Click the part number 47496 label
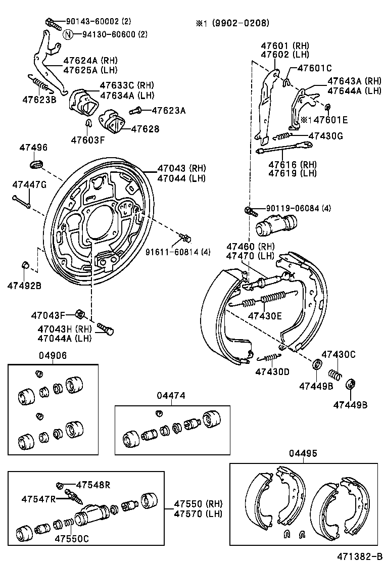pyautogui.click(x=33, y=148)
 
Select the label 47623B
pyautogui.click(x=39, y=99)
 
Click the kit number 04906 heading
pyautogui.click(x=52, y=356)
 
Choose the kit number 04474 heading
pyautogui.click(x=171, y=396)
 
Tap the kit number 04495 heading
pyautogui.click(x=303, y=454)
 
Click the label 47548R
pyautogui.click(x=93, y=485)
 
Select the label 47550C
pyautogui.click(x=72, y=539)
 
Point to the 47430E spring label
pyautogui.click(x=264, y=316)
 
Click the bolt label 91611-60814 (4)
pyautogui.click(x=178, y=252)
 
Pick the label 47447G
pyautogui.click(x=29, y=184)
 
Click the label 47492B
pyautogui.click(x=24, y=286)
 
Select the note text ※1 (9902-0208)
pyautogui.click(x=232, y=23)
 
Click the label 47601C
pyautogui.click(x=314, y=68)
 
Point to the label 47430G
pyautogui.click(x=325, y=135)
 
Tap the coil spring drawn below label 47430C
pyautogui.click(x=333, y=374)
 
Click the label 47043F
pyautogui.click(x=48, y=315)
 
